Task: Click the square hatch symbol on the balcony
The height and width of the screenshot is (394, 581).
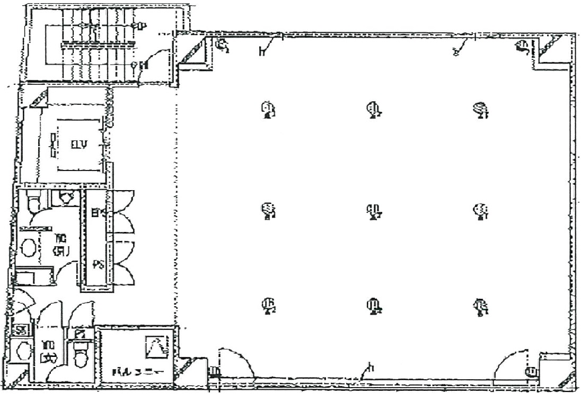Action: click(x=157, y=347)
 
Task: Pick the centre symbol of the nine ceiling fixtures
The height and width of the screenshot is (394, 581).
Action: click(x=374, y=211)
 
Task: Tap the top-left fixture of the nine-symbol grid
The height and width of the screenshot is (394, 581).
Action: click(x=269, y=110)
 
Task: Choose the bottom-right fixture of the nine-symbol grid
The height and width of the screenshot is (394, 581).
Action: click(x=481, y=306)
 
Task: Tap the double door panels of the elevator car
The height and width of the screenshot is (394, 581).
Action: click(x=53, y=145)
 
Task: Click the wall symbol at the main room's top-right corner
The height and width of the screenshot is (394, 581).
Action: click(x=522, y=48)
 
